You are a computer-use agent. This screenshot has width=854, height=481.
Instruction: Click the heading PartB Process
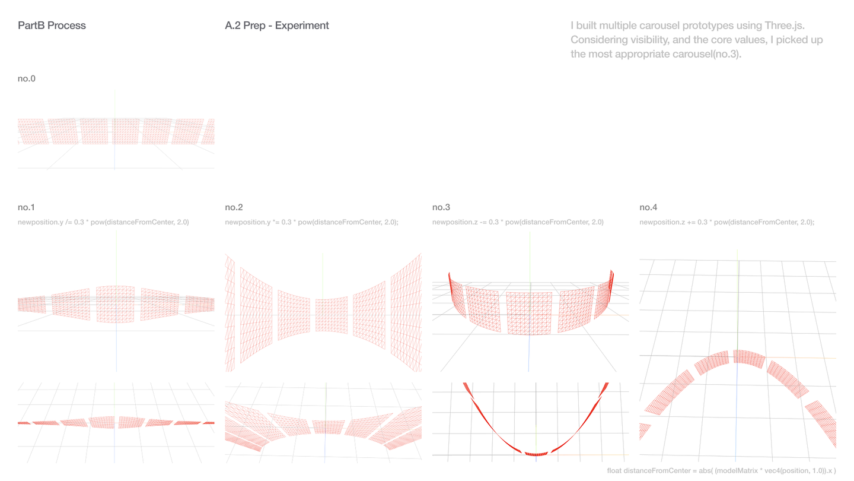click(52, 26)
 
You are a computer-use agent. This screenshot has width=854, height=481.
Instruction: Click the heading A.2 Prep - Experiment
click(276, 26)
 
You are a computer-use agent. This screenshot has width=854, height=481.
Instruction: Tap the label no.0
click(27, 78)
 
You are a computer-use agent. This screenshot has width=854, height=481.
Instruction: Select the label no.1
click(27, 207)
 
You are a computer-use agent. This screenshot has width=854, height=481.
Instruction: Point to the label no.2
click(234, 207)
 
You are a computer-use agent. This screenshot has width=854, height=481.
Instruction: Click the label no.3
click(441, 207)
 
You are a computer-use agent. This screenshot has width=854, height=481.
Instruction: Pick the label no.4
click(648, 207)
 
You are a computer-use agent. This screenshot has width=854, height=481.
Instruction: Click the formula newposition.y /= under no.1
click(103, 222)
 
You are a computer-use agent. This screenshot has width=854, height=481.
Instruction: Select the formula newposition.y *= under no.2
click(311, 222)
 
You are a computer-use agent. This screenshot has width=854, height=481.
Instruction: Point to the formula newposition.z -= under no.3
click(518, 222)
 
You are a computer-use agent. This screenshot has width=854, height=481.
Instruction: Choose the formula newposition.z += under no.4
click(726, 222)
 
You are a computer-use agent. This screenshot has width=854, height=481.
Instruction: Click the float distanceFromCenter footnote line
click(721, 471)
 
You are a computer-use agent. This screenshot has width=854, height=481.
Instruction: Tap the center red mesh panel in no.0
click(126, 131)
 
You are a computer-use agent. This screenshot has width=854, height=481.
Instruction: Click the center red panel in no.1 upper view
click(116, 303)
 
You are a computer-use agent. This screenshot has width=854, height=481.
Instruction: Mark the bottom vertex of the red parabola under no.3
click(537, 454)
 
